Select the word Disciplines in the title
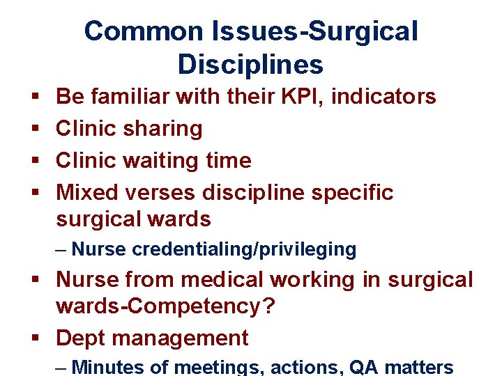point(250,64)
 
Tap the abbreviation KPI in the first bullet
point(298,96)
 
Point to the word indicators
point(383,96)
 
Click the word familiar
point(128,96)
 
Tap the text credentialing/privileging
point(244,249)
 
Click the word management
point(181,338)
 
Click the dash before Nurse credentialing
point(61,249)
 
